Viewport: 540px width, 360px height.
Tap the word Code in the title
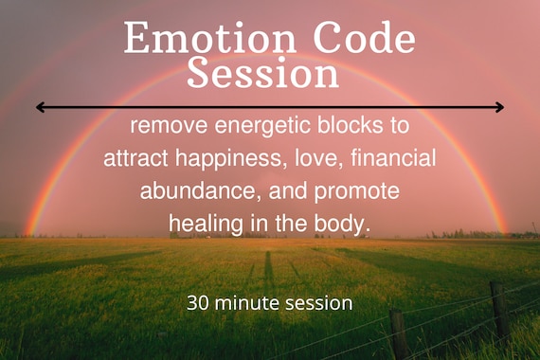coord(364,39)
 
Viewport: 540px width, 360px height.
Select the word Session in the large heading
coord(262,73)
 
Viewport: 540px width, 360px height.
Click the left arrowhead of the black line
coord(40,107)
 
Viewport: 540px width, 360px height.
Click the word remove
coord(169,125)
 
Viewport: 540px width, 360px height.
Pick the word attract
coord(135,158)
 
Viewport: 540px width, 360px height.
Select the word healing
coord(202,224)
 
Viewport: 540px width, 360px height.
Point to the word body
coord(344,224)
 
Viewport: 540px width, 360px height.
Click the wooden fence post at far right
coord(498,308)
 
